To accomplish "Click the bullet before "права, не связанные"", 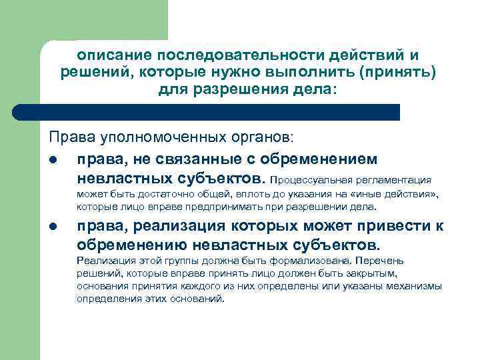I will tap(53, 160).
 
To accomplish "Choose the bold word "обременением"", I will tap(321, 160).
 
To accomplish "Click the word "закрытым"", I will tap(377, 273).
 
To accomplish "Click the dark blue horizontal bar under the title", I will tap(220, 112).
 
